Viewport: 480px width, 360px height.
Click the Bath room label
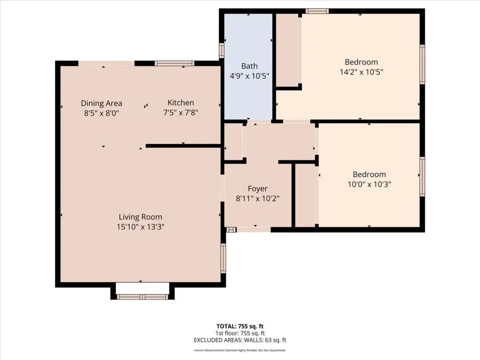point(249,66)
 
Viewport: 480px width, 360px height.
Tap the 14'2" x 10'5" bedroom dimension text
point(361,72)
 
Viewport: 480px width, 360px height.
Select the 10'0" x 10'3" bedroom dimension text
point(369,184)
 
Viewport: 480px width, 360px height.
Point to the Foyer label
point(257,188)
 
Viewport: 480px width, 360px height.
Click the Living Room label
point(141,217)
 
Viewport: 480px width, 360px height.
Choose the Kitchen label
point(180,103)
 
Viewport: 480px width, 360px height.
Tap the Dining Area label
point(101,103)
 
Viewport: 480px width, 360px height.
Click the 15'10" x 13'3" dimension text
point(141,227)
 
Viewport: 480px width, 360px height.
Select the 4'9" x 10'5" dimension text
point(249,76)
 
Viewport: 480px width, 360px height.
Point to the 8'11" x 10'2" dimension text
point(257,199)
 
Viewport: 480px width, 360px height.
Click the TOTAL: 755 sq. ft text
point(240,326)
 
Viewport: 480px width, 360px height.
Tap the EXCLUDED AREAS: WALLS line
point(240,340)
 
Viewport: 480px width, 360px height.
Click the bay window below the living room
point(142,297)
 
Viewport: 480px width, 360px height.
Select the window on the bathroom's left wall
point(222,51)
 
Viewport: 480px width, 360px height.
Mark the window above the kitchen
point(174,63)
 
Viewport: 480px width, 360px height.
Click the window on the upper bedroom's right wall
point(422,64)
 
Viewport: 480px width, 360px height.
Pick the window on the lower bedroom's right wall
point(422,177)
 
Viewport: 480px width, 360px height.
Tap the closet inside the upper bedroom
point(288,50)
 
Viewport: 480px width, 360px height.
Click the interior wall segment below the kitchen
point(183,146)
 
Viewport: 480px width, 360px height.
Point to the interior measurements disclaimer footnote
point(240,350)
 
